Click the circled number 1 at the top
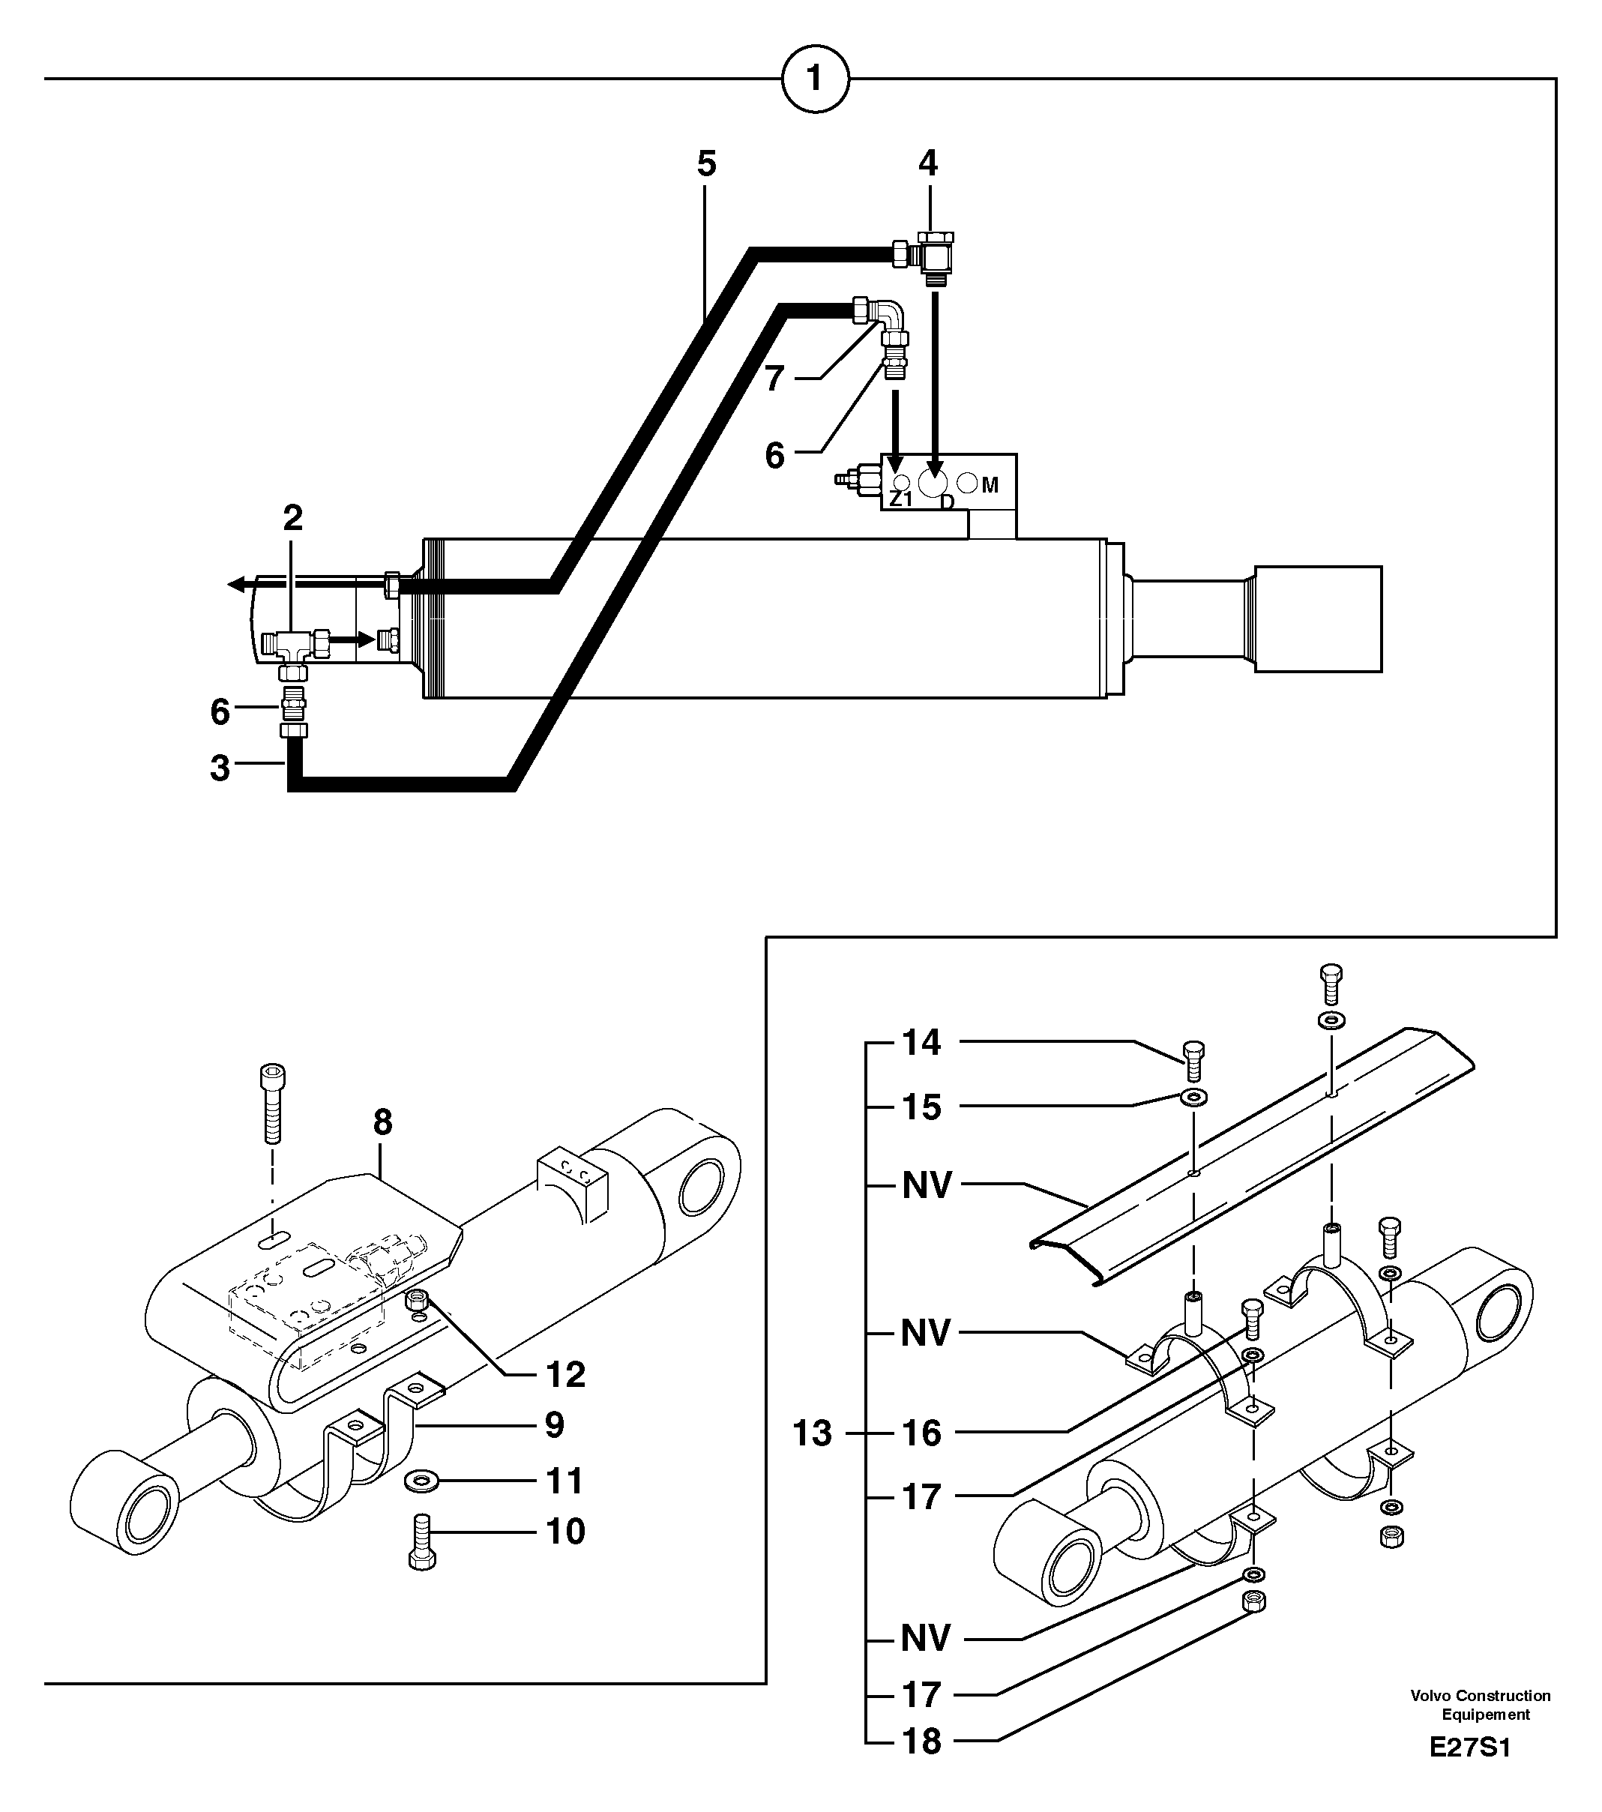[x=815, y=79]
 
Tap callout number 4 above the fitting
[x=927, y=163]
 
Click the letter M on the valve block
[x=990, y=485]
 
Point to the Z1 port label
[x=901, y=499]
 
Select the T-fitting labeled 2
[x=292, y=642]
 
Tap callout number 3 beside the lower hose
[x=220, y=768]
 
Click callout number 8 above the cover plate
[x=382, y=1122]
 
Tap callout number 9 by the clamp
[x=553, y=1425]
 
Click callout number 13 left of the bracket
[x=811, y=1433]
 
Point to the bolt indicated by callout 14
[x=1194, y=1061]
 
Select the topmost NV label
[x=927, y=1185]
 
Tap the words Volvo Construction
[x=1480, y=1695]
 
